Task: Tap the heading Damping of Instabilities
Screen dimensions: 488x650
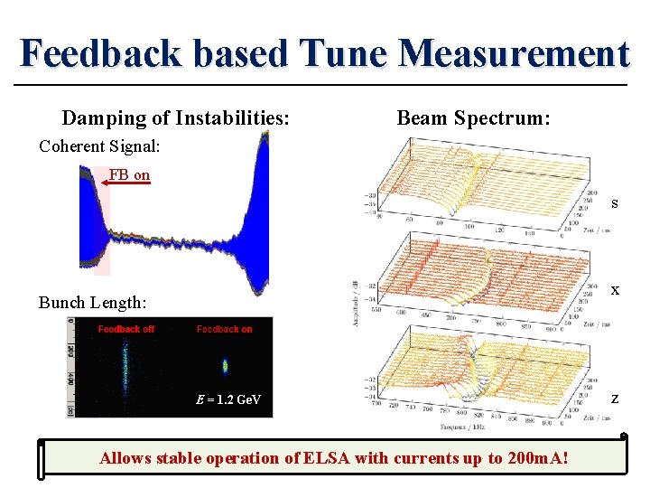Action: [x=175, y=118]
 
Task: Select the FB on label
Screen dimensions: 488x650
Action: [x=129, y=174]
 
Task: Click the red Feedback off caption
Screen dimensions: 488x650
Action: [x=126, y=329]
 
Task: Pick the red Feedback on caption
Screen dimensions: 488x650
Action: [x=225, y=329]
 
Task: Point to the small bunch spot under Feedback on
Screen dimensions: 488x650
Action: [x=225, y=366]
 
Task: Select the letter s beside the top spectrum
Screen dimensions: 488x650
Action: [x=614, y=203]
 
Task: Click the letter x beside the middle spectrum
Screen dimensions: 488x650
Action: [x=614, y=290]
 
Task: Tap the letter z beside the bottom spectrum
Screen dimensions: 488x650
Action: [x=614, y=399]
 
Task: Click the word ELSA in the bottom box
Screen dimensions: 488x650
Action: [x=307, y=458]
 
